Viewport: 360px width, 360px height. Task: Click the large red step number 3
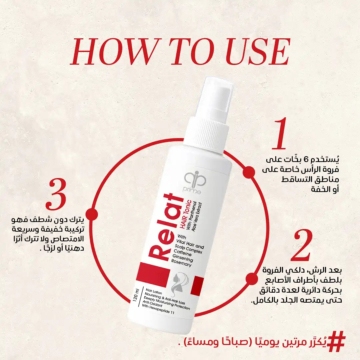(x=57, y=193)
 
